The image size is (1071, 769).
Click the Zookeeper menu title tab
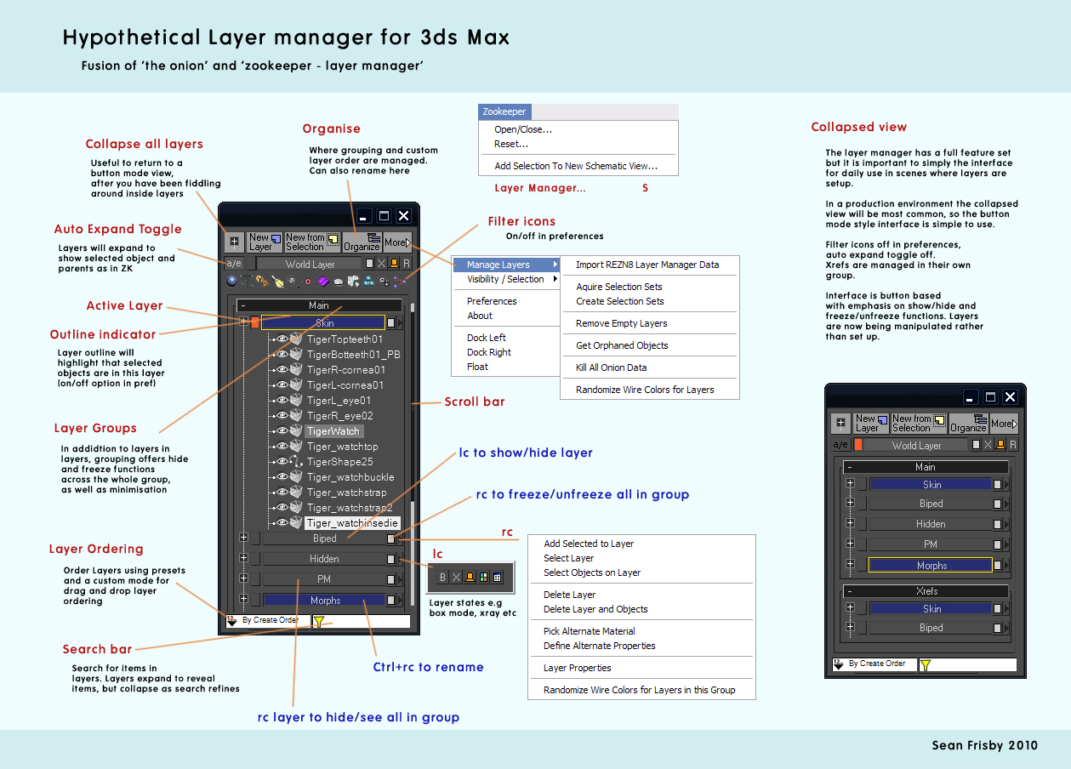[x=504, y=111]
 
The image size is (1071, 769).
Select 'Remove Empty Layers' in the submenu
[x=621, y=323]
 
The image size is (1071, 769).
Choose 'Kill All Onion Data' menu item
[x=611, y=367]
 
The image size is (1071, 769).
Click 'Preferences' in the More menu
[x=492, y=301]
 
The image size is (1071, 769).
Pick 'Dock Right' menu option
[x=488, y=352]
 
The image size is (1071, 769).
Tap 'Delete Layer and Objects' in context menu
[x=595, y=609]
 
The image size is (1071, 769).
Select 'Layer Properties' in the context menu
[x=577, y=668]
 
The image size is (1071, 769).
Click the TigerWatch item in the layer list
[x=333, y=431]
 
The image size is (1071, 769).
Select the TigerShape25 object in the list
[x=339, y=462]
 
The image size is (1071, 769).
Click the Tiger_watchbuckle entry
[x=350, y=477]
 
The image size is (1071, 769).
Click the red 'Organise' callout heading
[x=332, y=128]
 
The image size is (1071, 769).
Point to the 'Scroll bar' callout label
[x=475, y=402]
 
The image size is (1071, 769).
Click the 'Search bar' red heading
[x=97, y=649]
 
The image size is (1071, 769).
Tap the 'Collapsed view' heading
[x=858, y=127]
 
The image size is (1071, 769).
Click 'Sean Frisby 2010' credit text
[x=984, y=745]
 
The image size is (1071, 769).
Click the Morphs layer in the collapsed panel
[x=931, y=566]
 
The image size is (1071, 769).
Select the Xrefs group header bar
[x=926, y=591]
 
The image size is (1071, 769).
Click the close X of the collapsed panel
[x=1010, y=397]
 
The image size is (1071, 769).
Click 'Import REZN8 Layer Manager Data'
[x=647, y=265]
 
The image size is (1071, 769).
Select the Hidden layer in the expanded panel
[x=324, y=559]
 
